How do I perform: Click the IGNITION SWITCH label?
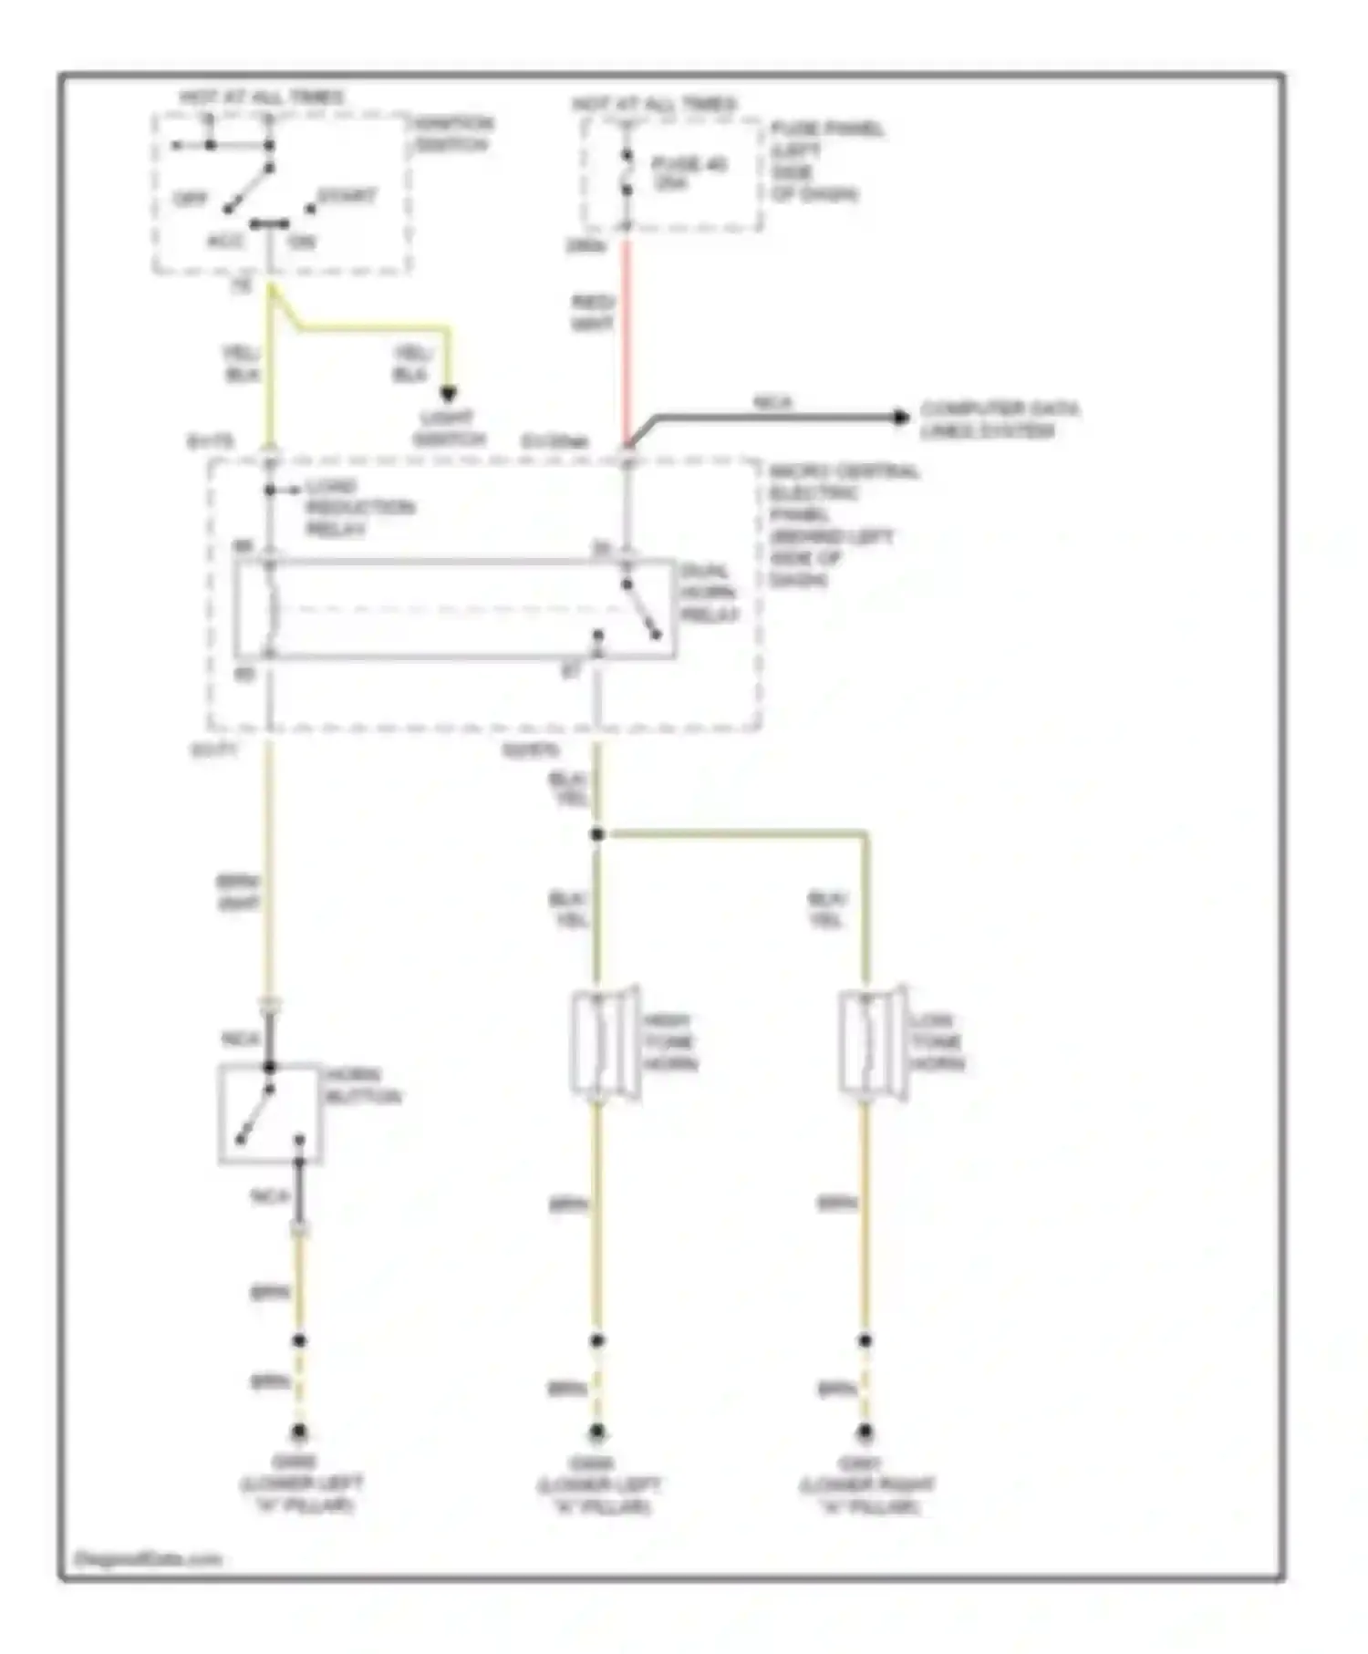[x=453, y=134]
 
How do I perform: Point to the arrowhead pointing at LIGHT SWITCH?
[x=448, y=394]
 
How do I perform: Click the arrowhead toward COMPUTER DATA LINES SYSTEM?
[x=901, y=417]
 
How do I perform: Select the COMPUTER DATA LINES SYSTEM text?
[x=998, y=419]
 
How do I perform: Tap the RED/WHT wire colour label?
[x=593, y=313]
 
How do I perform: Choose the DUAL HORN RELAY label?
[x=708, y=593]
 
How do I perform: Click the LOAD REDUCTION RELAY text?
[x=358, y=507]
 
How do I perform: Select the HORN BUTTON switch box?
[x=270, y=1112]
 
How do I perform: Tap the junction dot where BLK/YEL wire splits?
[x=596, y=834]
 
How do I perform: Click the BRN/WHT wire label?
[x=238, y=893]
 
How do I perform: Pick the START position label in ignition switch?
[x=346, y=196]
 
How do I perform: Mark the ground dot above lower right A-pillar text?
[x=865, y=1432]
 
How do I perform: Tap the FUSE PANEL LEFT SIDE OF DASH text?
[x=825, y=161]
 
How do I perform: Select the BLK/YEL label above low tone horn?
[x=827, y=909]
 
